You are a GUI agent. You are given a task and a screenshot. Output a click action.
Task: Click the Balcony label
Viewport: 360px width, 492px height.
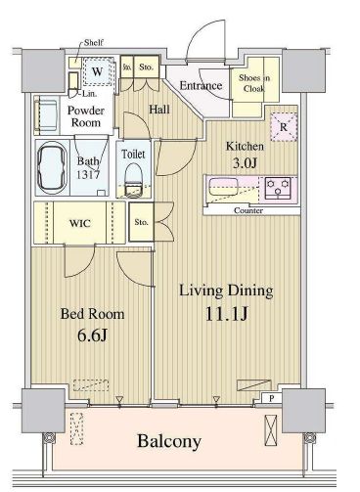click(169, 441)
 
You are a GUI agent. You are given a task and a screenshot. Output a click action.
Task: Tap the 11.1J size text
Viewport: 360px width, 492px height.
click(227, 314)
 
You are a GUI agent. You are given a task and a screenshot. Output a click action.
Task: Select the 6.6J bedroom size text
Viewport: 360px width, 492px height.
click(92, 335)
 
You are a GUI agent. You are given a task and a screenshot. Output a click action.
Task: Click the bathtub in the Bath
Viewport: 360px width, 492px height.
click(52, 168)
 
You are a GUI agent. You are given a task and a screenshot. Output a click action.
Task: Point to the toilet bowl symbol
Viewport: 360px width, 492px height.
click(134, 180)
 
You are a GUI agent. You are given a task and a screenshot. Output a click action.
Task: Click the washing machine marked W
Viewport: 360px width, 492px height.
click(98, 71)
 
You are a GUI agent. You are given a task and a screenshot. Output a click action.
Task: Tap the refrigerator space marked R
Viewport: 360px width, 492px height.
click(284, 127)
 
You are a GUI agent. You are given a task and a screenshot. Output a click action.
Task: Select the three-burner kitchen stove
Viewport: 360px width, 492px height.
click(278, 188)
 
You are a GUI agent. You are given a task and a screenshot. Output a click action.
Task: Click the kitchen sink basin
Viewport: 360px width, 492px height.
click(218, 187)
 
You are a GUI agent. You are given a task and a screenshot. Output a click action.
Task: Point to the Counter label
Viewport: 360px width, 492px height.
click(248, 210)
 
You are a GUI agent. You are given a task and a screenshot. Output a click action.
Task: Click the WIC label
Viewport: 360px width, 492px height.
click(80, 223)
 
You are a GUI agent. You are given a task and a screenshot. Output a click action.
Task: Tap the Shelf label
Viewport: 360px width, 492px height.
click(94, 42)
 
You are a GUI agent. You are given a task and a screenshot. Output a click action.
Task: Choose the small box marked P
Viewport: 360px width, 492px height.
click(271, 398)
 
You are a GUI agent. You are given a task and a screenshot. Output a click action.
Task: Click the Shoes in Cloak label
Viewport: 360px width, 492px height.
click(254, 83)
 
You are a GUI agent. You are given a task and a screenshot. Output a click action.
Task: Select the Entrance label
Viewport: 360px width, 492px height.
click(201, 86)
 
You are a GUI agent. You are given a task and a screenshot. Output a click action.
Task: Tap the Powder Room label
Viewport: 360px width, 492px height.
click(86, 116)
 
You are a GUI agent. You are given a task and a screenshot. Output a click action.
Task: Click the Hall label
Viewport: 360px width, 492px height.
click(159, 110)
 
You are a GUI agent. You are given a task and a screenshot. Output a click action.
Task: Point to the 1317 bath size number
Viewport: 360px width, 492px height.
click(88, 175)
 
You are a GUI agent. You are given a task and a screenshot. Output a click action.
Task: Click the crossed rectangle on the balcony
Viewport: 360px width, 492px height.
click(271, 430)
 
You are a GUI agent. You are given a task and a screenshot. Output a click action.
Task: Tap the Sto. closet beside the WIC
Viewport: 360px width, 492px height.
click(141, 222)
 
